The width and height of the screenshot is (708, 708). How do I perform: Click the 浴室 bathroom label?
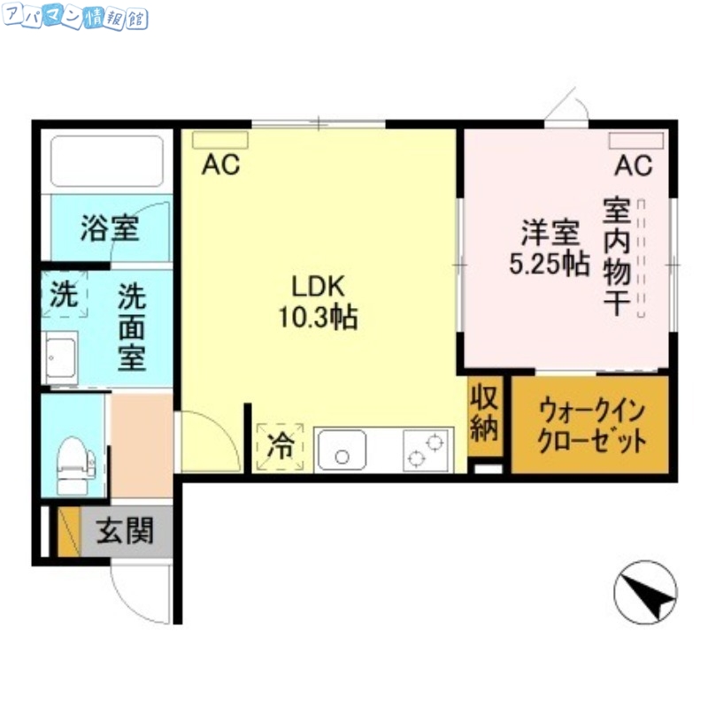pyautogui.click(x=109, y=229)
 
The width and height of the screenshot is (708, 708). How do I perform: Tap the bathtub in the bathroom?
pyautogui.click(x=107, y=162)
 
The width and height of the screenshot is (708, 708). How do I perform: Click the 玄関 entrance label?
pyautogui.click(x=125, y=531)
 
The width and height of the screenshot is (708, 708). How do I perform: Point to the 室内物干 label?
pyautogui.click(x=617, y=258)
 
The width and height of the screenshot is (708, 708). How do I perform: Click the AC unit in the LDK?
pyautogui.click(x=220, y=140)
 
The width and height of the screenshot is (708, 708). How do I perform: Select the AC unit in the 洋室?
pyautogui.click(x=635, y=140)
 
